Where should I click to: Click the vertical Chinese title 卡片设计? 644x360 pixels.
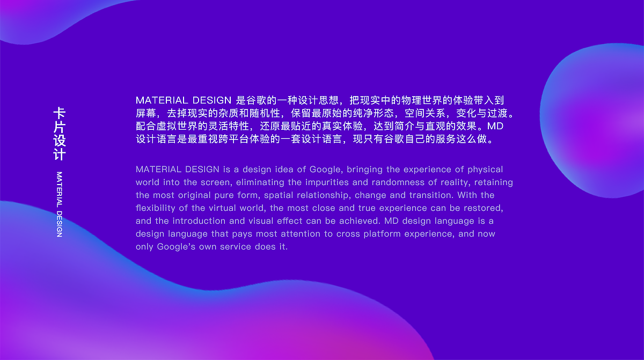tap(59, 134)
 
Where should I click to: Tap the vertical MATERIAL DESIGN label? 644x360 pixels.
tap(59, 204)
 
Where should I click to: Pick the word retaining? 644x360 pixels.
tap(494, 182)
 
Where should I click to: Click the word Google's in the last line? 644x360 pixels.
tap(176, 247)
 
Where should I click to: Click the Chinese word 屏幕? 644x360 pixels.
tap(145, 113)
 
